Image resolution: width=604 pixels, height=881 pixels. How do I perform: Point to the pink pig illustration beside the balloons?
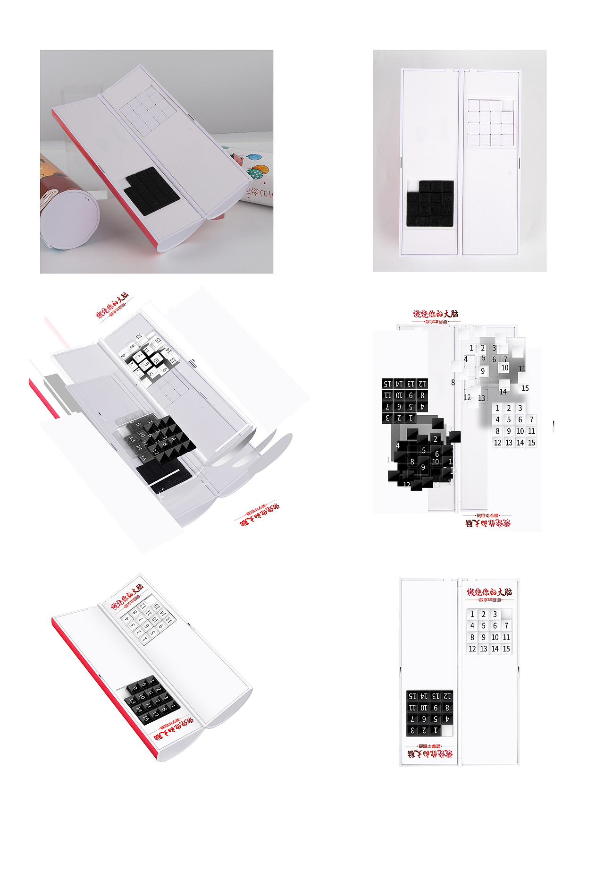240,159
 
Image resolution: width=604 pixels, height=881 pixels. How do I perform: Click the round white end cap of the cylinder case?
69,219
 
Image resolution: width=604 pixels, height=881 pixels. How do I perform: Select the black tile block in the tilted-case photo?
152,191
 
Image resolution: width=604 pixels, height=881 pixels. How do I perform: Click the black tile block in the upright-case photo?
430,204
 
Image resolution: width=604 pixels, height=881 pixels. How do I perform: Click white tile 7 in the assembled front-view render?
506,626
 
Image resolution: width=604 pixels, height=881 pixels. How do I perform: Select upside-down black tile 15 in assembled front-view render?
412,696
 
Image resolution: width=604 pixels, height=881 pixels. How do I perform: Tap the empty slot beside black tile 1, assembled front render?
447,730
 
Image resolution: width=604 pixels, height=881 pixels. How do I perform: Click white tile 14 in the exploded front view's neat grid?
520,443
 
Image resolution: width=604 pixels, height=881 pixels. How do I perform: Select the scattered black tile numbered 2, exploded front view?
436,439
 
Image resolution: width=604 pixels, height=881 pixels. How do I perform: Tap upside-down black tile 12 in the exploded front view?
422,384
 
